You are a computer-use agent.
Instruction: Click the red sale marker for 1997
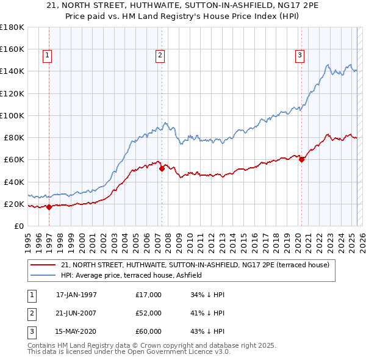tap(49, 207)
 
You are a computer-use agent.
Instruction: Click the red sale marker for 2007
tap(162, 168)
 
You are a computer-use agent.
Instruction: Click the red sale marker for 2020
tap(301, 160)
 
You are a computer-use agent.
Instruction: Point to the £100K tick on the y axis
tap(12, 115)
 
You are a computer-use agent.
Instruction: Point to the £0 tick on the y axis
tap(20, 226)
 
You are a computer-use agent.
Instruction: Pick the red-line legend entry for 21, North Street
tap(195, 265)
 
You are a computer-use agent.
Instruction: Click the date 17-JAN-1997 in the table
tap(76, 295)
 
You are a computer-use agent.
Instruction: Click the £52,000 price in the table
tap(149, 313)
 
